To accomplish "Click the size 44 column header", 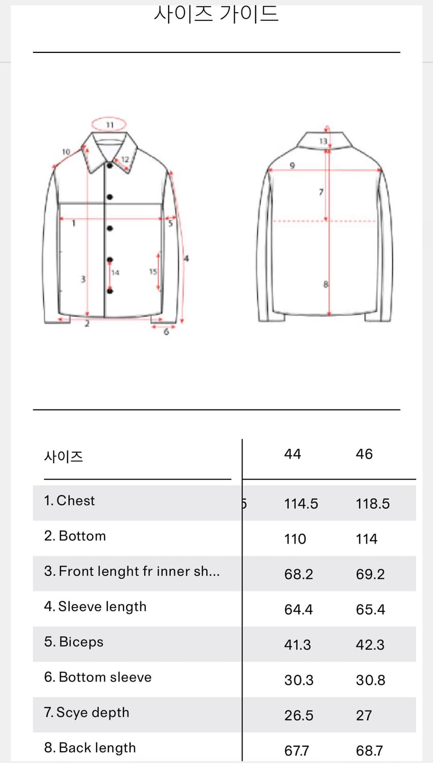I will [x=292, y=454].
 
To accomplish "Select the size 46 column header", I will [x=364, y=454].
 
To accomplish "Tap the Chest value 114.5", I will [x=301, y=504].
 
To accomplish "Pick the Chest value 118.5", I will [x=373, y=504].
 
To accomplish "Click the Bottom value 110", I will [x=295, y=539].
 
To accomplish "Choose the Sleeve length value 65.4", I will [x=370, y=609].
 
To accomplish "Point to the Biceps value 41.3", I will [x=297, y=644].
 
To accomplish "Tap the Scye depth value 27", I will [x=363, y=715].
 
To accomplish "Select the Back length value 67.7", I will [x=296, y=750].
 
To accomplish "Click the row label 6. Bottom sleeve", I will [x=98, y=677].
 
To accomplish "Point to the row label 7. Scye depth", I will [x=86, y=712].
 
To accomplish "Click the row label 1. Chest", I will [x=69, y=501].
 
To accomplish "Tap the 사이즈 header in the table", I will [x=63, y=456].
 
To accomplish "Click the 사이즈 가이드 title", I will [x=216, y=14].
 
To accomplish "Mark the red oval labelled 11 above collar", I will [x=109, y=125].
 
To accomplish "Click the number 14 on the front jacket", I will [x=115, y=273].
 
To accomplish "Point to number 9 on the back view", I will [x=292, y=165].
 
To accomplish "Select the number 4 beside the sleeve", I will [x=186, y=258].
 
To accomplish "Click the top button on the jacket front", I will [x=110, y=165].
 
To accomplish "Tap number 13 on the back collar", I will [x=323, y=141].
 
